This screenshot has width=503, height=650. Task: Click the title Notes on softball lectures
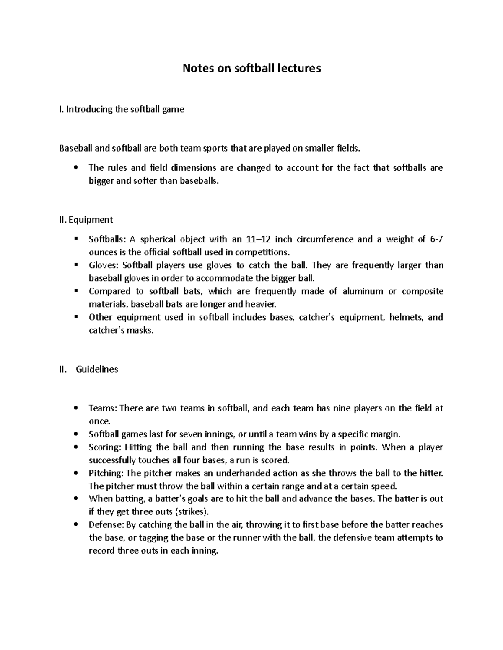(x=251, y=68)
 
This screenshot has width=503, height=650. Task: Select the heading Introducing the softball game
(x=122, y=110)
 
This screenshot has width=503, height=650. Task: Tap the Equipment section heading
(x=86, y=220)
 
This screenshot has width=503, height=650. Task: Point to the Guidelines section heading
(x=97, y=369)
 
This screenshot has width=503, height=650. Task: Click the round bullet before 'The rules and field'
(x=75, y=168)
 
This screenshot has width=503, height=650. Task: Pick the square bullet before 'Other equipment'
(x=75, y=317)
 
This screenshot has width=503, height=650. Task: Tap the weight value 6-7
(x=436, y=239)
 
